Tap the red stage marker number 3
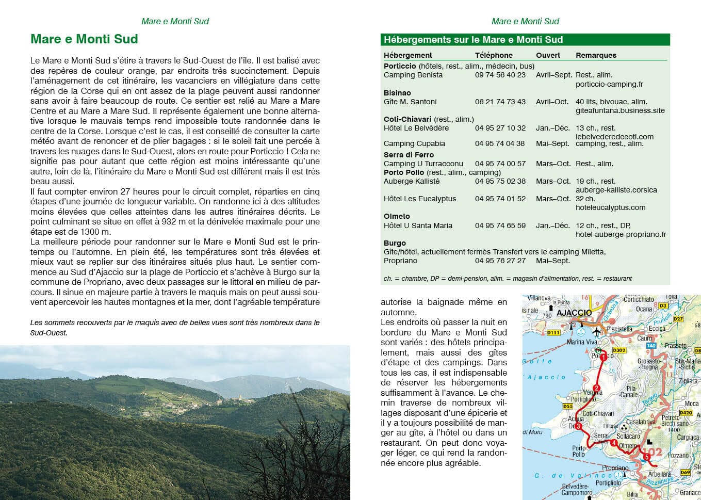point(578,427)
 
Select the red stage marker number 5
point(646,456)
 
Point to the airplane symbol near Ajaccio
point(597,331)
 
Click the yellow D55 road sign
point(567,406)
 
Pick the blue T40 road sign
point(651,346)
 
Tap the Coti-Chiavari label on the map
point(598,413)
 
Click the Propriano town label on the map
point(615,468)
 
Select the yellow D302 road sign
point(618,350)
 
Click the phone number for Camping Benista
point(500,75)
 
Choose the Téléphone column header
point(494,55)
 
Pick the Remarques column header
point(596,55)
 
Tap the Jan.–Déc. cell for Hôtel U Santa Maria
point(552,225)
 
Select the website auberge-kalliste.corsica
point(616,190)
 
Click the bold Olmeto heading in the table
point(397,216)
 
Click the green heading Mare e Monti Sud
point(84,39)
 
